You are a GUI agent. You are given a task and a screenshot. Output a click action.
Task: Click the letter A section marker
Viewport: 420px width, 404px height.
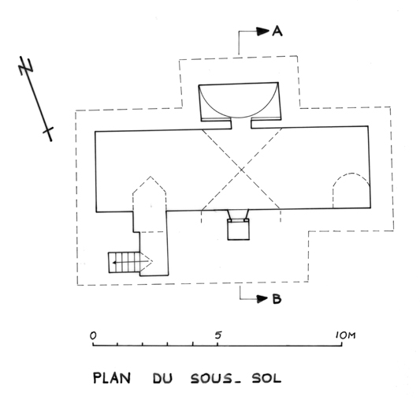pos(277,32)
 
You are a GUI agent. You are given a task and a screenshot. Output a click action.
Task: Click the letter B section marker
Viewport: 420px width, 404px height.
pos(277,299)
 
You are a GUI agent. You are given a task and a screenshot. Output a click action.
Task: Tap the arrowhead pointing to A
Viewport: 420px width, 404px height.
pos(262,32)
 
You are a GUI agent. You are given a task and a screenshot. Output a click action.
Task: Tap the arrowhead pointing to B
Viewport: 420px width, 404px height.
pos(262,298)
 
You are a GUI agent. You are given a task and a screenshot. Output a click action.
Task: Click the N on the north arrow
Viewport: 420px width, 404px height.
pos(26,66)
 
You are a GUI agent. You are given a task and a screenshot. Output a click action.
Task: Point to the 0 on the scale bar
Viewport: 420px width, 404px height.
pos(93,336)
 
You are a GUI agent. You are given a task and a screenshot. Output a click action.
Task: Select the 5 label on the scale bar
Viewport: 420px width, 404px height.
pos(218,335)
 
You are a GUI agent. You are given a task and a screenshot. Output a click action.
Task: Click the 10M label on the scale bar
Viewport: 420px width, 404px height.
pos(346,335)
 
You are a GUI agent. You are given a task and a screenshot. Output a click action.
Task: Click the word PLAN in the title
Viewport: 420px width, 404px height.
pos(112,378)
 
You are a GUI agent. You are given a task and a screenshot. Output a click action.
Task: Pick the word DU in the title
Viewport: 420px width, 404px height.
pos(162,378)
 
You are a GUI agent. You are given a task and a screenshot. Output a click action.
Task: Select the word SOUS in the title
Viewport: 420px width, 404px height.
pos(211,379)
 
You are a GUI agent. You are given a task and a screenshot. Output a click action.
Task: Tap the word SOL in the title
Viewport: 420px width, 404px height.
pos(266,378)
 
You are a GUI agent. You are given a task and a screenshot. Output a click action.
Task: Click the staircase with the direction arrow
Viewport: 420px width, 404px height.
pos(124,262)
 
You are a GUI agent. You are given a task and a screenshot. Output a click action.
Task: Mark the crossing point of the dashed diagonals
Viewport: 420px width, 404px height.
pos(241,170)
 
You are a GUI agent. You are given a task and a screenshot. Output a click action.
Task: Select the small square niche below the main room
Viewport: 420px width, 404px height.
pos(239,230)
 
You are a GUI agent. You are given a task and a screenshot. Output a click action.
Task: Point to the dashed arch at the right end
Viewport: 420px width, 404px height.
pos(351,174)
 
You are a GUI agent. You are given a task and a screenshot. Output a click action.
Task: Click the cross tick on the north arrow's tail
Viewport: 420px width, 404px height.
pos(48,131)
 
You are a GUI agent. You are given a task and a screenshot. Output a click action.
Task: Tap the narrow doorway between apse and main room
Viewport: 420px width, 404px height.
pos(241,124)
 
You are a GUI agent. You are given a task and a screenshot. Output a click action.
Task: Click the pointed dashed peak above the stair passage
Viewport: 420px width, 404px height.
pos(150,177)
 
